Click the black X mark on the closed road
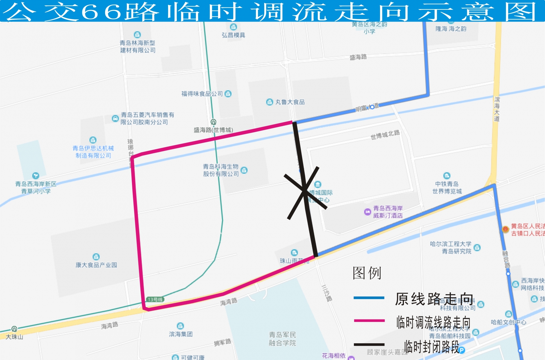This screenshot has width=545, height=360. [304, 191]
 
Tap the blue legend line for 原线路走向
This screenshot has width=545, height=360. [369, 298]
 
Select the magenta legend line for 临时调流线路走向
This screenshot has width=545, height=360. [369, 320]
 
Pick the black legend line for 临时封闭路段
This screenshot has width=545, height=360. [369, 344]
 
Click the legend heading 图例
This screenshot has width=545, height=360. [367, 273]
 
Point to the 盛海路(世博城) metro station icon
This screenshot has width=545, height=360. [213, 122]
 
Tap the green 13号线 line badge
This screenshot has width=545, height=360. [155, 299]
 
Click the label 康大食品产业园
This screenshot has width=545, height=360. [96, 265]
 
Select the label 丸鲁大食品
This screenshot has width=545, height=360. [290, 102]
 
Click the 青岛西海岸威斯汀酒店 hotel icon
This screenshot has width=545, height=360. [367, 212]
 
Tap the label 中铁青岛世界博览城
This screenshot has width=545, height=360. [447, 188]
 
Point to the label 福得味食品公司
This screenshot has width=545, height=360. [202, 94]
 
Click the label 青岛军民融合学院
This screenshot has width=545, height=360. [282, 339]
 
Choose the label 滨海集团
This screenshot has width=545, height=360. [181, 334]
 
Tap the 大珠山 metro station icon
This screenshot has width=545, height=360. [14, 329]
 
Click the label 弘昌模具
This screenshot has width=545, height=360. [233, 35]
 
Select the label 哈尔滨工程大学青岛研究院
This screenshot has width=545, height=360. [451, 248]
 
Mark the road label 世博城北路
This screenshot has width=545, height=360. [385, 135]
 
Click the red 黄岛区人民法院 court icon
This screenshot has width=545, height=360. [505, 229]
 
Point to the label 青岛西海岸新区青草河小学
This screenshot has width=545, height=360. [36, 187]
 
